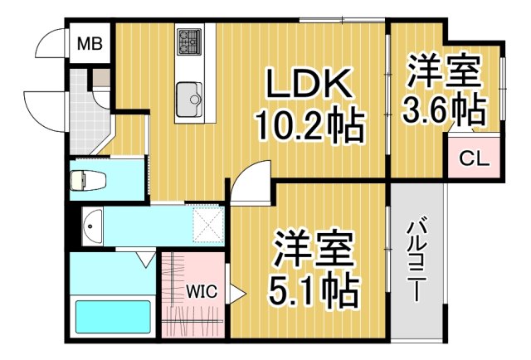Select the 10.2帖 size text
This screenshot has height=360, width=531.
309,124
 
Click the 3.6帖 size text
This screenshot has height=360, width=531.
444,108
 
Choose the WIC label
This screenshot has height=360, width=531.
201,291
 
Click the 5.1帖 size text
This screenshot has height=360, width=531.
314,289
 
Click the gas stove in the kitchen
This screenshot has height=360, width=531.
188,39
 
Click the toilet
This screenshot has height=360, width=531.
84,179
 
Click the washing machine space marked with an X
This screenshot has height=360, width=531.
207,223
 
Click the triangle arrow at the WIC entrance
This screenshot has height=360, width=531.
236,292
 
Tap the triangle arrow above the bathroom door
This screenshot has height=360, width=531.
146,261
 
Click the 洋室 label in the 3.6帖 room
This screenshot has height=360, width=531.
444,71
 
